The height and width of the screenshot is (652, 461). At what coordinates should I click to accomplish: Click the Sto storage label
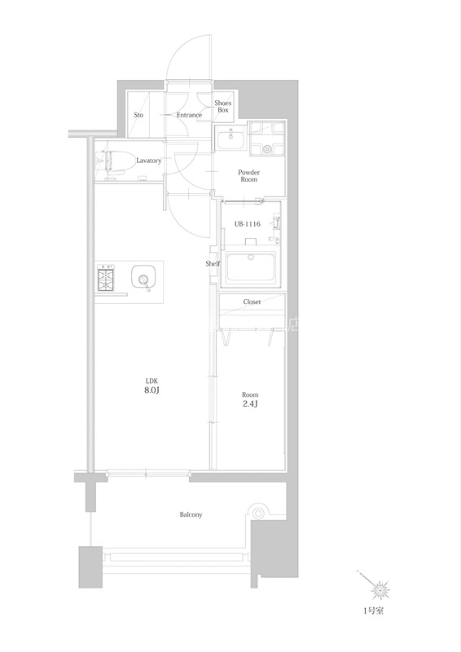pos(138,115)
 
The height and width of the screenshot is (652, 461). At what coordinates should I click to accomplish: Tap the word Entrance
pos(189,115)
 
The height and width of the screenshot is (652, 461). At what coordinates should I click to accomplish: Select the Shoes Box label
pos(223,107)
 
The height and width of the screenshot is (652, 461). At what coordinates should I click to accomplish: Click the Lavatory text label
pos(148,161)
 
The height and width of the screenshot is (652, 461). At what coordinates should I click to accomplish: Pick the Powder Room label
pos(248,176)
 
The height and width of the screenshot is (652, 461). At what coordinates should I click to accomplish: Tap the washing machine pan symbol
pos(267,139)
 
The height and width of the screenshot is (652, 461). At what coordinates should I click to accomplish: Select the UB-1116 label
pos(248,224)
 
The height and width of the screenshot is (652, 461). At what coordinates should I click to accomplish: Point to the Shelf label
pos(213,263)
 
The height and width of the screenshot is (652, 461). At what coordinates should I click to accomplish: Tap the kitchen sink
pos(143,276)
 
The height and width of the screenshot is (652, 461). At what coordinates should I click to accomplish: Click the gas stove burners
pos(107,279)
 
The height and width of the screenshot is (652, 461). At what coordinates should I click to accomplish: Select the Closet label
pos(252,302)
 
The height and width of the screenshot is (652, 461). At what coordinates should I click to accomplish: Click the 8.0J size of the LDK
pos(151,390)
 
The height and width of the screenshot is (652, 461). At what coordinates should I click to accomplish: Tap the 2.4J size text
pos(250,403)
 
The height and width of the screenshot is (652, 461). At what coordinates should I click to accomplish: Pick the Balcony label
pos(191,515)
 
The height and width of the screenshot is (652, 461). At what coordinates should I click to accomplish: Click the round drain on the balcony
pos(258,513)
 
